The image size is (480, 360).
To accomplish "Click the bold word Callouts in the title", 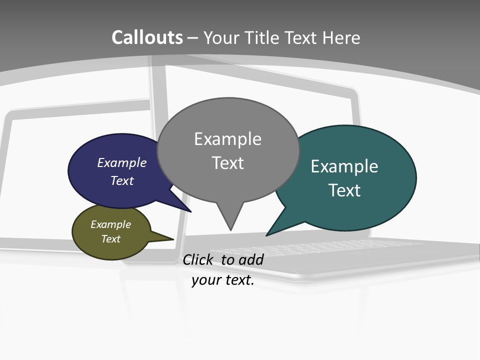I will [x=147, y=37].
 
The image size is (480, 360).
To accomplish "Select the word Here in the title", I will [x=342, y=37].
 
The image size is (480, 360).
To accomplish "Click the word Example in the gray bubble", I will [x=227, y=139].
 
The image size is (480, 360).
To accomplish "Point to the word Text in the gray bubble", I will [x=227, y=163].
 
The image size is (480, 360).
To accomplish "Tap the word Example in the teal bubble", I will [x=344, y=166].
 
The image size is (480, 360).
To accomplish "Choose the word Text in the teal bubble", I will [x=344, y=190].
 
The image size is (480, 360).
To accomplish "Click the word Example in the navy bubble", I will [x=122, y=162].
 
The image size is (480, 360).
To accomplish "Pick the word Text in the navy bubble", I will [x=122, y=180].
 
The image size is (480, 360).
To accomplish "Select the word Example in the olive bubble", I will [x=110, y=224].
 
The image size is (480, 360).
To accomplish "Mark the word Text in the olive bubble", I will [x=110, y=239].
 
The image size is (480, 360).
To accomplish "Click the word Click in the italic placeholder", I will [x=198, y=259].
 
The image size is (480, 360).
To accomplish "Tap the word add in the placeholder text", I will [x=251, y=259].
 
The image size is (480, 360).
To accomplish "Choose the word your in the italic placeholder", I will [x=205, y=280].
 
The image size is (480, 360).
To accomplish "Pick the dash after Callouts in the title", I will [x=193, y=37].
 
